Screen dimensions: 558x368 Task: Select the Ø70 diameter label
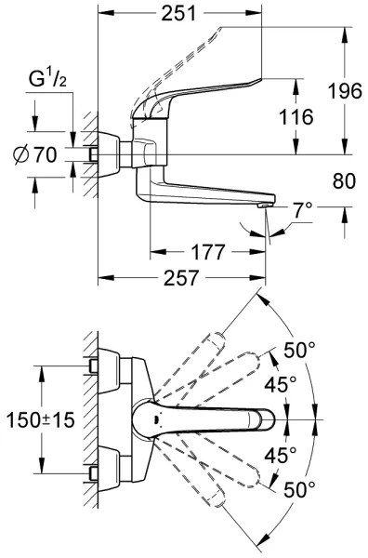click(x=43, y=154)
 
